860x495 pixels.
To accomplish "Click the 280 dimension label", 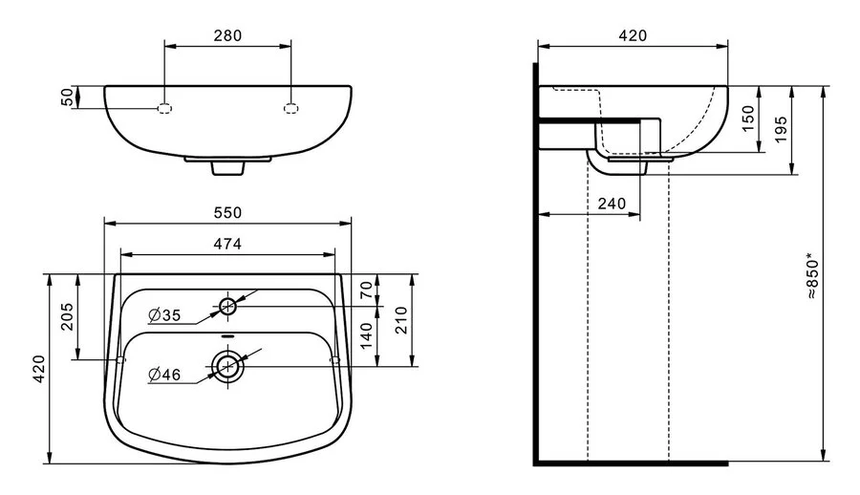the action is [x=227, y=35].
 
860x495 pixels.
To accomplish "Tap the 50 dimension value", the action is [x=67, y=97].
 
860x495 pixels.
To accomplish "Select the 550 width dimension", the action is [x=227, y=212].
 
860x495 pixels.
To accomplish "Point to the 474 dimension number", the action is [x=227, y=244].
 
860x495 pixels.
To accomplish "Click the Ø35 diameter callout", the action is [x=164, y=315].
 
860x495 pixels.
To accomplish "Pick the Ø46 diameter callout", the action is [x=164, y=375].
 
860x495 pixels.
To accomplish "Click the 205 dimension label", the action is [x=67, y=316].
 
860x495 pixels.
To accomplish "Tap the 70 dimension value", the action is [x=366, y=290].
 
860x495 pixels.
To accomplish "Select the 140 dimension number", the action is [x=366, y=335].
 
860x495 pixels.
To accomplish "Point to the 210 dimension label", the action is [x=402, y=320].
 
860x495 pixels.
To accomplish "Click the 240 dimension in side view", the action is [x=612, y=204].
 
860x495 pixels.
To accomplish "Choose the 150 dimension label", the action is [x=748, y=118].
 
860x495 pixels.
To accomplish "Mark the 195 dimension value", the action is [x=782, y=130].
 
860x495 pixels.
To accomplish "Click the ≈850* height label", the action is [x=813, y=276].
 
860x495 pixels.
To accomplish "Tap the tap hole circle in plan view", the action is [x=227, y=306].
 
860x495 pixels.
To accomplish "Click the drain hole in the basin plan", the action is [x=227, y=365].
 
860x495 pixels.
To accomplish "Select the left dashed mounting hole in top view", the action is [x=164, y=108].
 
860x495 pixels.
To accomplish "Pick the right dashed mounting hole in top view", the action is [x=291, y=108].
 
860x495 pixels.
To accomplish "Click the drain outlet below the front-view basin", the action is [x=227, y=168].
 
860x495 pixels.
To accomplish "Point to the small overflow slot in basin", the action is [x=227, y=336].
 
